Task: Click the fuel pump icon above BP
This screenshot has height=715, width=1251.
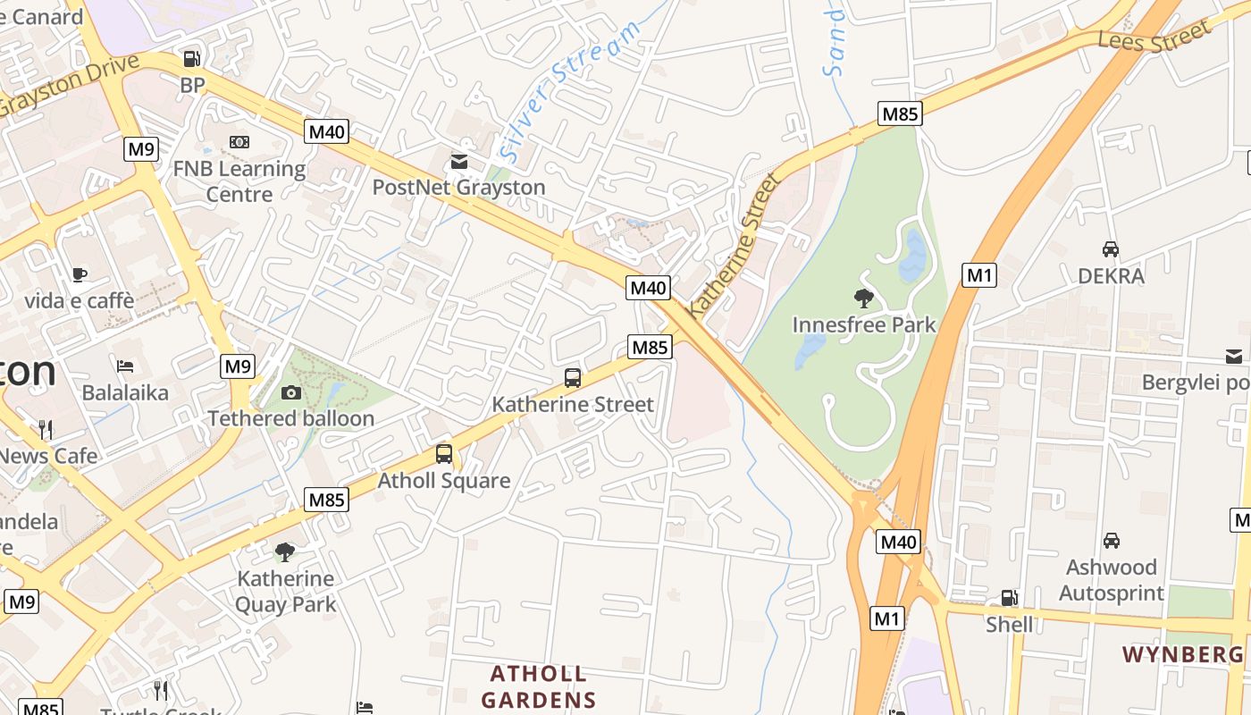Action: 191,59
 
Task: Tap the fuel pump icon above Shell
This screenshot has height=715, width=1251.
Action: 1009,598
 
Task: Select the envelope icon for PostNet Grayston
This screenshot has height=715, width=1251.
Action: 458,161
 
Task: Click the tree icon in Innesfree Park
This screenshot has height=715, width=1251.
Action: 863,298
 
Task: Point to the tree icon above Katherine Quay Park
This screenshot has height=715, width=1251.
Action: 285,551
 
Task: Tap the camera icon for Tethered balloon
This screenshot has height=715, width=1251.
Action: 290,392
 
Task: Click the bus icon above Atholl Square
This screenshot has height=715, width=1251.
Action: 444,454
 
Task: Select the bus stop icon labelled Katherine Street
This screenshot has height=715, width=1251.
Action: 573,378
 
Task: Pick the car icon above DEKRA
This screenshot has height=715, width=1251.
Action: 1111,249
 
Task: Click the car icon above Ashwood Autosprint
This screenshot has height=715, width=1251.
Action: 1112,541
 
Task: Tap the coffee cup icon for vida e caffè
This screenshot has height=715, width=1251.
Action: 80,274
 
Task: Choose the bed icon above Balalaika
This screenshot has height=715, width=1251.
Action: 125,366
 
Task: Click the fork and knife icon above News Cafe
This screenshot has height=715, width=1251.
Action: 46,429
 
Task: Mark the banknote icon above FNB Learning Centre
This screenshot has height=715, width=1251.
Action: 239,142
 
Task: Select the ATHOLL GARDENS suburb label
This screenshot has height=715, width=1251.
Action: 539,686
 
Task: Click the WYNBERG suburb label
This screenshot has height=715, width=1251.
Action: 1182,655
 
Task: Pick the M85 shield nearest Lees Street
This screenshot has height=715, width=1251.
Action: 900,114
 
